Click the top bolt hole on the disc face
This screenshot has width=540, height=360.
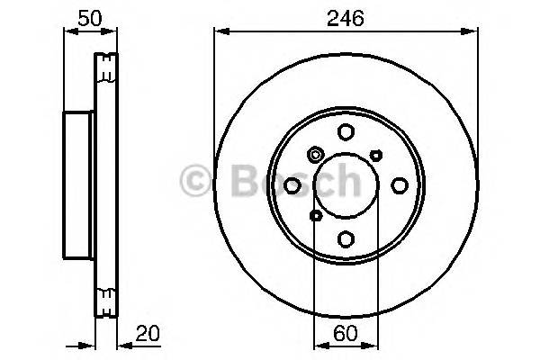(346, 132)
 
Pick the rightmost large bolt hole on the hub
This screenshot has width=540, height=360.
(399, 185)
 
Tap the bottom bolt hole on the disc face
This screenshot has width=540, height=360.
(346, 238)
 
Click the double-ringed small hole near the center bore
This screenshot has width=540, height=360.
(315, 155)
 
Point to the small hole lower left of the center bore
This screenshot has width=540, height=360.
(315, 216)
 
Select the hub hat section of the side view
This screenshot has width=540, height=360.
(78, 184)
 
